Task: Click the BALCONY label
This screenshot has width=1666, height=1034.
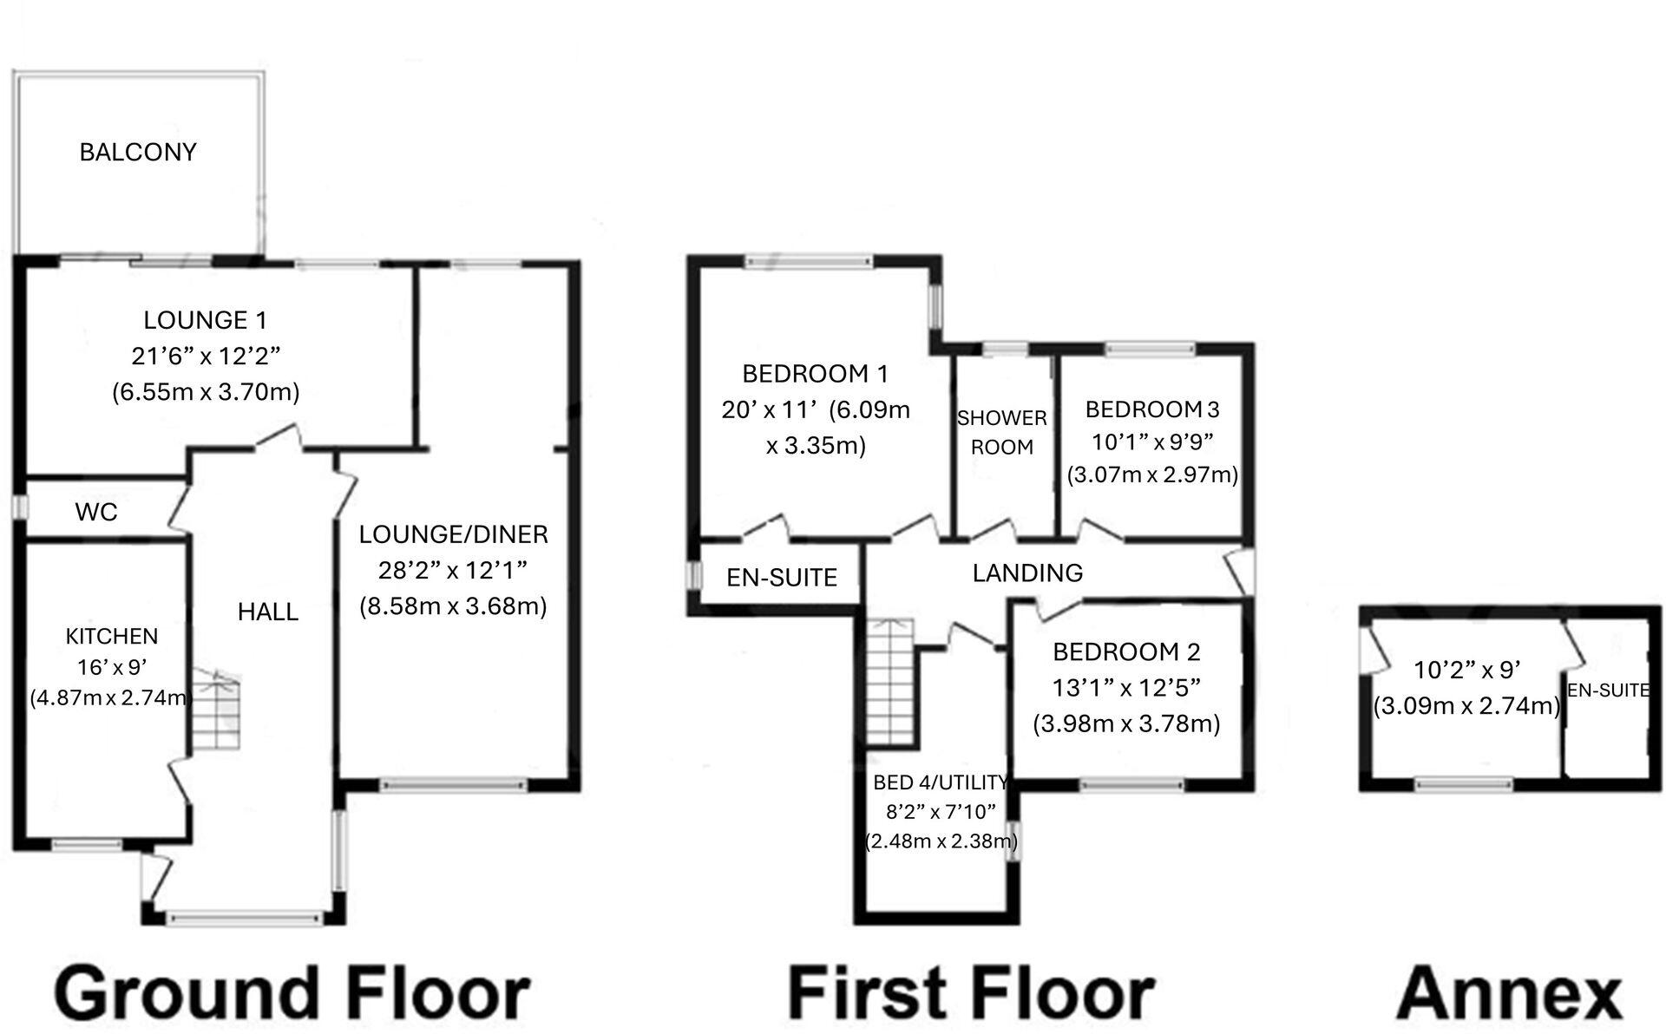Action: tap(138, 153)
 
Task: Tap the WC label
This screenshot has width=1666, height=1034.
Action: tap(95, 512)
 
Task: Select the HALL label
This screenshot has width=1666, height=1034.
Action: tap(268, 612)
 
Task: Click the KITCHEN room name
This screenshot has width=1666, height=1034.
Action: tap(112, 637)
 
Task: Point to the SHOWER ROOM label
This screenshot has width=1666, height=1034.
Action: tap(1001, 432)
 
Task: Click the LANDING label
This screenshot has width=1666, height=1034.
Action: tap(1027, 573)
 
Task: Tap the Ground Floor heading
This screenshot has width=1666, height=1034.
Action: tap(293, 994)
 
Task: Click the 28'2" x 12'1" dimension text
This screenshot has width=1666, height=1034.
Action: tap(453, 571)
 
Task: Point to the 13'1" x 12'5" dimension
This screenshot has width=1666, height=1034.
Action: tap(1126, 688)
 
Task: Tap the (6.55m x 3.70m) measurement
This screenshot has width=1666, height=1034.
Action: tap(206, 393)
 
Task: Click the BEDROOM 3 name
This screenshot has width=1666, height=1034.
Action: tap(1152, 409)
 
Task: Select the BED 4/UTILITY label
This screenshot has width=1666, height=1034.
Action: tap(941, 782)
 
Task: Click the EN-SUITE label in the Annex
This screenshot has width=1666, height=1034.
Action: tap(1608, 690)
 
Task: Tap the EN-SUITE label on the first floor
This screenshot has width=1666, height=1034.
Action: tap(782, 578)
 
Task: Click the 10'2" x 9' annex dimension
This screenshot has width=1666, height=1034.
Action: tap(1466, 671)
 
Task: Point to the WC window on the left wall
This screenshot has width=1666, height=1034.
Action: tap(21, 507)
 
